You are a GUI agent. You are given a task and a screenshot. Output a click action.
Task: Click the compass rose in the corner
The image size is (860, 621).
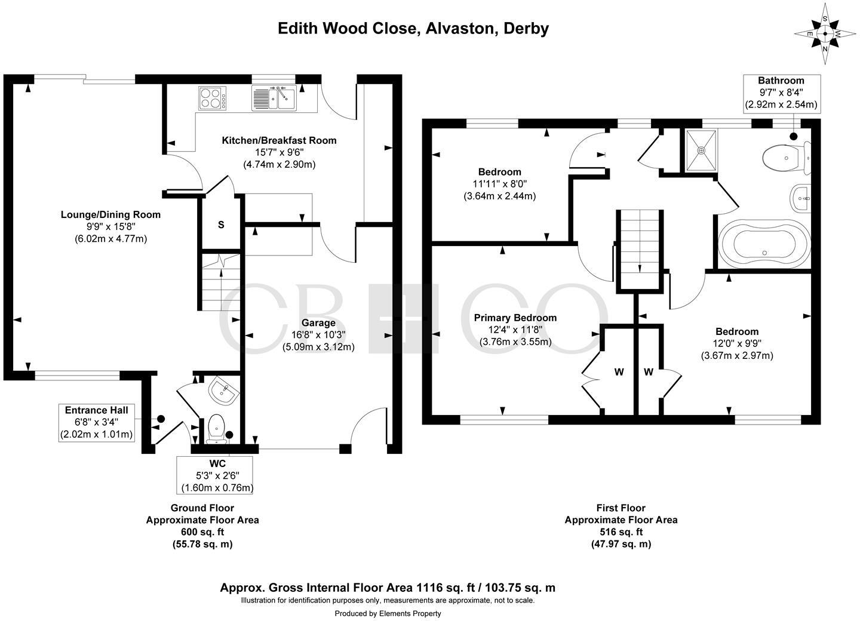(x=825, y=34)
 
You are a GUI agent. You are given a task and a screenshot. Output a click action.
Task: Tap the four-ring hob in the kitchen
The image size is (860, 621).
(x=212, y=99)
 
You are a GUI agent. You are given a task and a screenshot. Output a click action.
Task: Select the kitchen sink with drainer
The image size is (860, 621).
(x=274, y=98)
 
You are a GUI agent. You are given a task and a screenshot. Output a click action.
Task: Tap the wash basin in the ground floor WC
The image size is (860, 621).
(x=224, y=391)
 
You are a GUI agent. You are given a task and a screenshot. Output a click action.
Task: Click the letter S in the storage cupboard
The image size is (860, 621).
(x=221, y=225)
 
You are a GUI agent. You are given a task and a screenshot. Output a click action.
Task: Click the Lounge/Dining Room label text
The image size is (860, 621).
(x=110, y=215)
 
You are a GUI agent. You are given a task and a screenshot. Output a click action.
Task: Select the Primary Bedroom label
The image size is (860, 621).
(x=515, y=318)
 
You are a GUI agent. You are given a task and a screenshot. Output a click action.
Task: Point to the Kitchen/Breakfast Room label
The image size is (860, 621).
(x=279, y=141)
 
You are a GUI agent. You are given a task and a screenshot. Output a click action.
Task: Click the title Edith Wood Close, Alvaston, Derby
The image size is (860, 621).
(x=413, y=28)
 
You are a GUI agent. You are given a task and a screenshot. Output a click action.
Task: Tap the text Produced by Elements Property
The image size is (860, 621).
(x=388, y=613)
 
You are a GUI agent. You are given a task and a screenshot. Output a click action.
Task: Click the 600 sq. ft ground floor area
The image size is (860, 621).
(x=202, y=532)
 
